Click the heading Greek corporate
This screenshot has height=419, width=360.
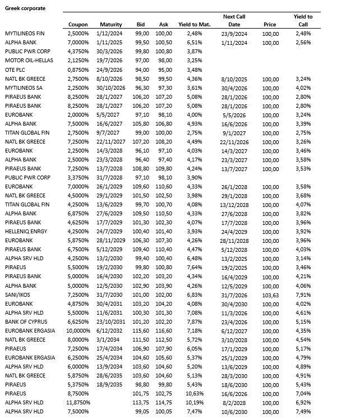pos(25,8)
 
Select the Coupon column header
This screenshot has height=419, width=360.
pos(78,25)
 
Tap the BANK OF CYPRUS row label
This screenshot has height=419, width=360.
pos(25,321)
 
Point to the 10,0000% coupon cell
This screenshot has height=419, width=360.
pos(77,330)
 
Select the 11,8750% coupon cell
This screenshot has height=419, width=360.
pos(77,402)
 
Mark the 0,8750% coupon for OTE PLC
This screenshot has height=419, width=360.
pos(78,70)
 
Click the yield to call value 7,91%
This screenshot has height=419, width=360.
pos(303,294)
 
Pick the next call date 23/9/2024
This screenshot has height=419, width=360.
pos(234,34)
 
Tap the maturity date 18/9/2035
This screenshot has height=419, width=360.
pos(110,384)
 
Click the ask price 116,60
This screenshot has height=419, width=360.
pos(163,330)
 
